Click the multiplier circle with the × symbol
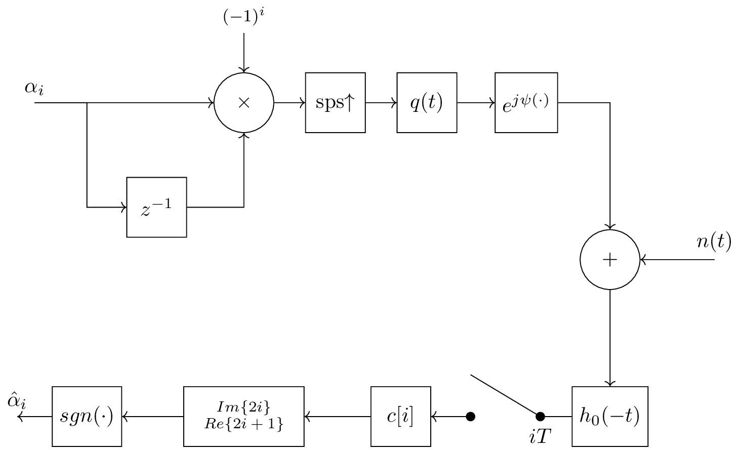pos(244,103)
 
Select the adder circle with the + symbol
pos(610,260)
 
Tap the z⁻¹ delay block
pos(156,207)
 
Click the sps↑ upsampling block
pos(335,103)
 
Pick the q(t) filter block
pos(427,103)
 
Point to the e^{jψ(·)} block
pos(526,103)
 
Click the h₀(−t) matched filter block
pos(609,417)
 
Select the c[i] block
pos(400,417)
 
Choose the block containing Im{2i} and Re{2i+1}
pos(243,417)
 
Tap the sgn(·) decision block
pos(87,417)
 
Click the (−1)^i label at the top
pos(244,17)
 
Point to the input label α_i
pos(34,88)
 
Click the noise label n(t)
pos(714,242)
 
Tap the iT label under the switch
pos(540,436)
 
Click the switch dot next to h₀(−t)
pos(540,417)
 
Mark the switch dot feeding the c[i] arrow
pos(470,417)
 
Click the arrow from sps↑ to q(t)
pos(381,103)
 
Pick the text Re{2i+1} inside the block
pos(243,425)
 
